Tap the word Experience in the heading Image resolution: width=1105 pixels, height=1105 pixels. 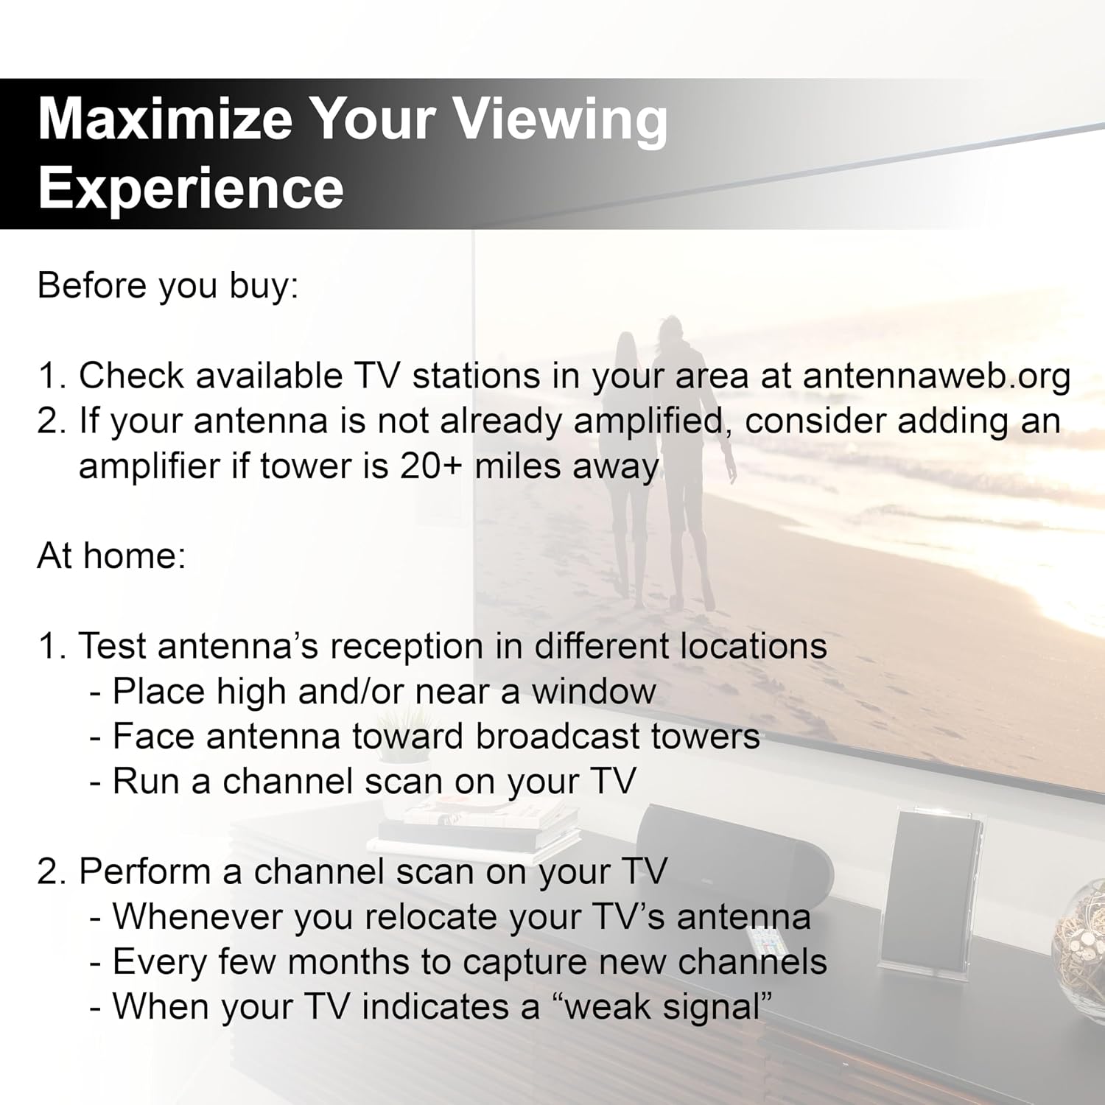click(x=191, y=188)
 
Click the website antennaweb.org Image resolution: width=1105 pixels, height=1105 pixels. click(x=936, y=376)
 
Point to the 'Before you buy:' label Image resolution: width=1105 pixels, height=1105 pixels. click(x=168, y=286)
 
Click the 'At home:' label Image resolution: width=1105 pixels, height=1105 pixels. click(x=111, y=555)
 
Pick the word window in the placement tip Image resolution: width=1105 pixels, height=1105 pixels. click(x=594, y=692)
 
